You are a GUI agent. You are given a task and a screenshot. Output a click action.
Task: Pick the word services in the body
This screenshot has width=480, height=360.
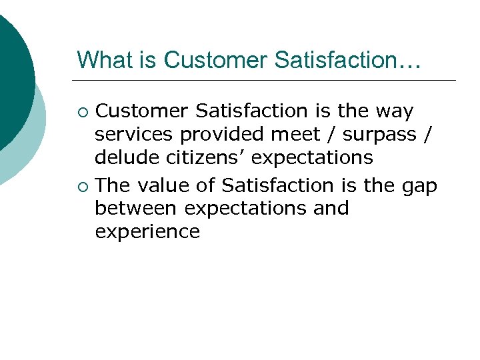click(133, 135)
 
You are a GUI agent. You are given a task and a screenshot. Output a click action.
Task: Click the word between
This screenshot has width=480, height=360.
click(136, 208)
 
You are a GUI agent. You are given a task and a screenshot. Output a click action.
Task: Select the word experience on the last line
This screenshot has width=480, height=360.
click(147, 233)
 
